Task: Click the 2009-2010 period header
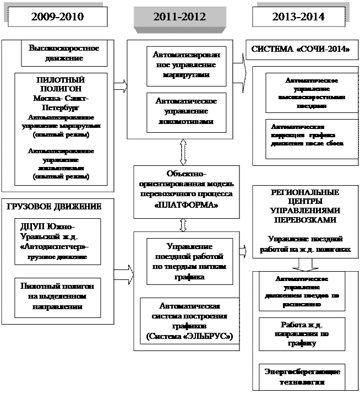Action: coord(57,17)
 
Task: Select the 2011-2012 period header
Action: coord(179,17)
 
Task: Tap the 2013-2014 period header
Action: coord(298,17)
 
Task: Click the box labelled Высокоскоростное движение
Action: coord(64,53)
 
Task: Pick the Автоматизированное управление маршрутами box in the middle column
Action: coord(186,66)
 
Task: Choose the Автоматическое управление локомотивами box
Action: coord(186,111)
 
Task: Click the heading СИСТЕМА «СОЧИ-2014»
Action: coord(301,49)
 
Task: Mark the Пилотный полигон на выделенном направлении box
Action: coord(58,297)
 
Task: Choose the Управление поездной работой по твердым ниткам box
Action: coord(186,262)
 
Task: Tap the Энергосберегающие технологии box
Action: coord(302,375)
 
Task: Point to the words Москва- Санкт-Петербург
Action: coord(60,102)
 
